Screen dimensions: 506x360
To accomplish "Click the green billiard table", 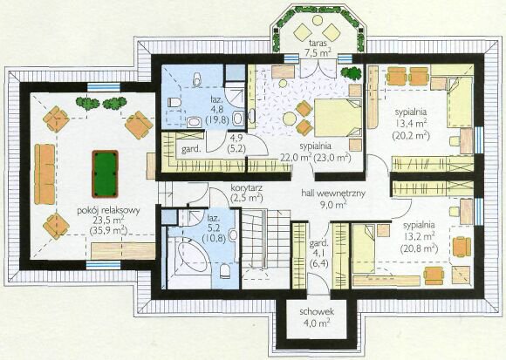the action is click(x=105, y=173).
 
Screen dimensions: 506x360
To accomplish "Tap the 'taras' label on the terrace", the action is click(x=318, y=43).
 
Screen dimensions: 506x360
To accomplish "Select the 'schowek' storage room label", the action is click(x=317, y=312).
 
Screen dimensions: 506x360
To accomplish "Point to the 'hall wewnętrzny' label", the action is click(x=333, y=193).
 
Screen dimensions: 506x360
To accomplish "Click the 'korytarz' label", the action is click(x=246, y=187).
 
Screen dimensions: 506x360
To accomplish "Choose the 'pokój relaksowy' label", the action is click(x=108, y=211).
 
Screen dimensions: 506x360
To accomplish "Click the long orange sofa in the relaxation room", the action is click(x=44, y=174).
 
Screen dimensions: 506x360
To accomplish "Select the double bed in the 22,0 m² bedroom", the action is click(x=338, y=118).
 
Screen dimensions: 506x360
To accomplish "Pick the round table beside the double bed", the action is click(x=290, y=119).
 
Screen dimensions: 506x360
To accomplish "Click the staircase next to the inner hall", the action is click(x=266, y=239).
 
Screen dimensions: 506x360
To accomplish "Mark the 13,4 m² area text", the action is click(x=411, y=123).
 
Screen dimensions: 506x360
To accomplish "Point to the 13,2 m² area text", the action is click(x=419, y=236).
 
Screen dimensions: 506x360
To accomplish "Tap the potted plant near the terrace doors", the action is click(x=351, y=72).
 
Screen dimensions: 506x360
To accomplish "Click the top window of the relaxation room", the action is click(x=104, y=87).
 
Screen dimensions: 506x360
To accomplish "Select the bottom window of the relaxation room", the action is click(x=103, y=265).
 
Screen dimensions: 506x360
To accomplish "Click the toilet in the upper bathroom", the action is click(x=174, y=103).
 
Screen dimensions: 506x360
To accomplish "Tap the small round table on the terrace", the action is click(x=318, y=20).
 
